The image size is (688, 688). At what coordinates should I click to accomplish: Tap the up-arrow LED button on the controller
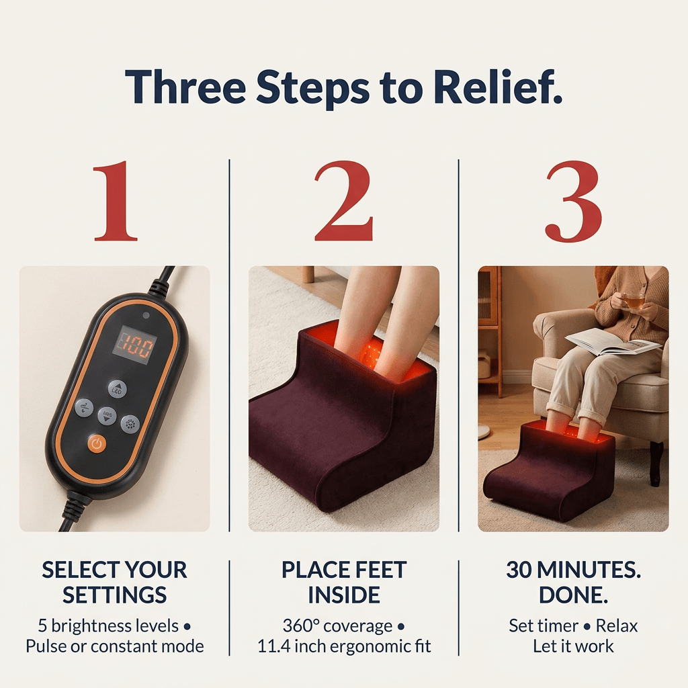point(117,388)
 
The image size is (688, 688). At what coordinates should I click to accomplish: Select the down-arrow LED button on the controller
point(107,416)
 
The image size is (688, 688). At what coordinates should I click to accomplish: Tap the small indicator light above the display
point(146,314)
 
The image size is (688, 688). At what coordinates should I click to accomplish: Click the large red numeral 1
point(116,202)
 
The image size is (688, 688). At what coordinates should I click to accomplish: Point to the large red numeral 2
point(343,202)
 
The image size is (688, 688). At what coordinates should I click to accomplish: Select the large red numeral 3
point(573,202)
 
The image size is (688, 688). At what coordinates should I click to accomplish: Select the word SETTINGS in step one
point(115,595)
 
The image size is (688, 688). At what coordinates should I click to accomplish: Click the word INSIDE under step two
point(344,595)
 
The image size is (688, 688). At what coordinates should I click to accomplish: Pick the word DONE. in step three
point(573,595)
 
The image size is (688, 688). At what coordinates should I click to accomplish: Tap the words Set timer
point(540,626)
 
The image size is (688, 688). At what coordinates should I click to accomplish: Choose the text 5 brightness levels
point(108,626)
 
